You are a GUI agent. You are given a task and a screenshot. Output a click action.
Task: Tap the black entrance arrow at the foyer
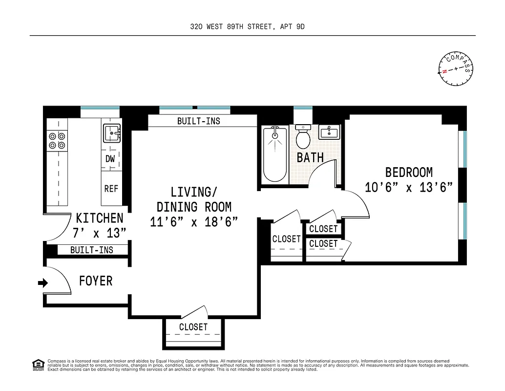pyautogui.click(x=42, y=282)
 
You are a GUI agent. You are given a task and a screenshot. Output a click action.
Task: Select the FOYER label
pyautogui.click(x=96, y=281)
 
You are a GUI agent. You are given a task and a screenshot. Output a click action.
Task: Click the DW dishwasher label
pyautogui.click(x=110, y=158)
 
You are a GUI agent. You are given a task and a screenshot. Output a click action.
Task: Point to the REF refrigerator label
pyautogui.click(x=111, y=189)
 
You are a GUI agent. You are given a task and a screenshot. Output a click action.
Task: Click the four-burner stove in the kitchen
pyautogui.click(x=57, y=141)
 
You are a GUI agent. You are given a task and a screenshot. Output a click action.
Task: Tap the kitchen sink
pyautogui.click(x=112, y=132)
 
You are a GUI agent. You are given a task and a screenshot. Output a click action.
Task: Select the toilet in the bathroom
pyautogui.click(x=303, y=137)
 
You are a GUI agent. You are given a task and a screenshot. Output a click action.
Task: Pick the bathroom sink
pyautogui.click(x=330, y=132)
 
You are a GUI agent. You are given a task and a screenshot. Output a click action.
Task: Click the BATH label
pyautogui.click(x=310, y=157)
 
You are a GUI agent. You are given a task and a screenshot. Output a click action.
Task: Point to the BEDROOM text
pyautogui.click(x=409, y=173)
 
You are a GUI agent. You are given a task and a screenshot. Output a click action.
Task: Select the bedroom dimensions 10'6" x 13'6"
pyautogui.click(x=409, y=188)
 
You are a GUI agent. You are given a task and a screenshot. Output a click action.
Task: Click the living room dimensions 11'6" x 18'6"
pyautogui.click(x=194, y=221)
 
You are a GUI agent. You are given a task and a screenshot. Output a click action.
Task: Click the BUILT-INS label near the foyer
pyautogui.click(x=92, y=250)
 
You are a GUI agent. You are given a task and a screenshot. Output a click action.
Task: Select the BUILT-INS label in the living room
pyautogui.click(x=198, y=121)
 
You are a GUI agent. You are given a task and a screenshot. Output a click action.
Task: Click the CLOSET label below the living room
pyautogui.click(x=193, y=327)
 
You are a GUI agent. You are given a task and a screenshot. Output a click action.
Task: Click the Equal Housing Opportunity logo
pyautogui.click(x=38, y=365)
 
